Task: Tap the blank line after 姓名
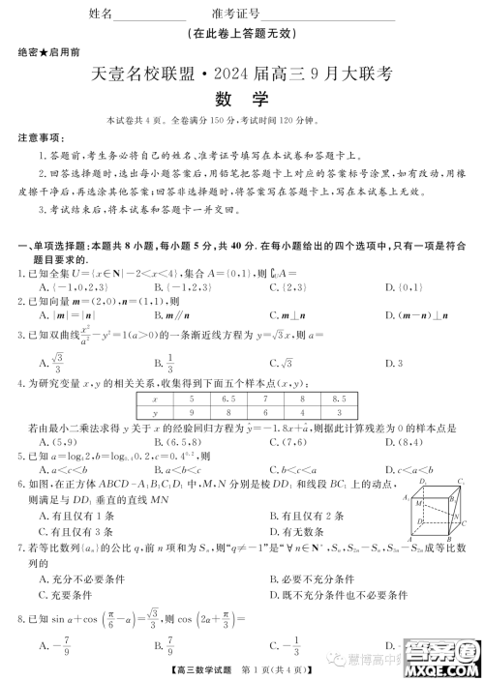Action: pos(150,17)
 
